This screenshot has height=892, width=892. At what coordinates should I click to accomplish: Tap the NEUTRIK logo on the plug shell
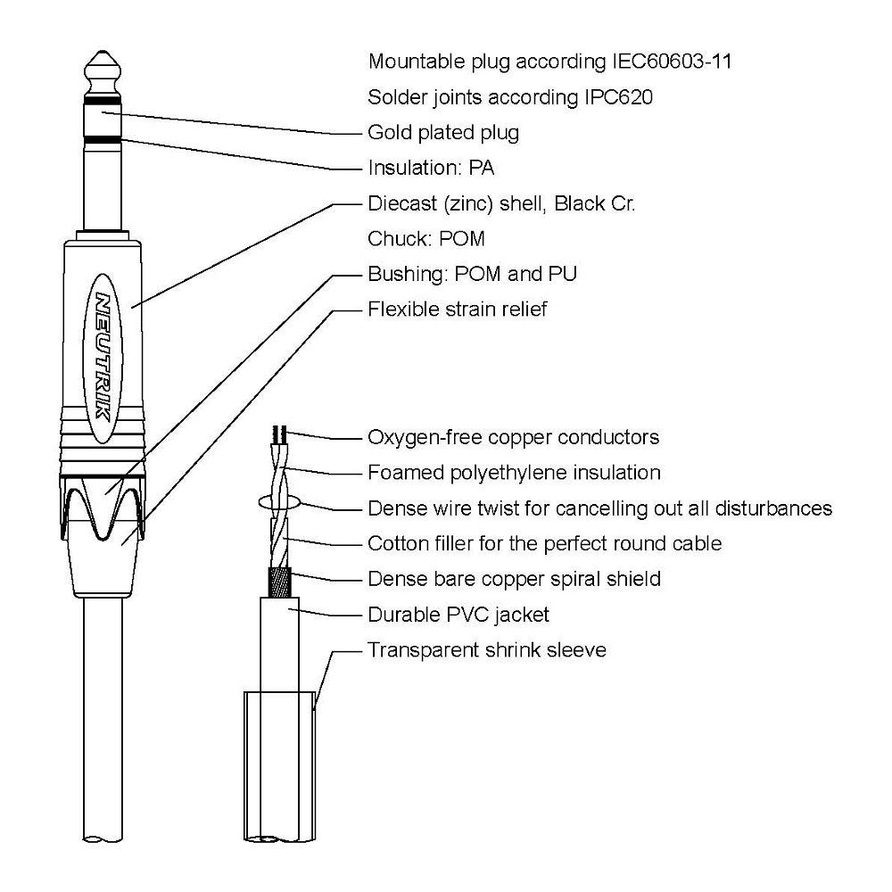pos(103,358)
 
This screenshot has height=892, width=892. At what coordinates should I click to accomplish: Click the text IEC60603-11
pos(672,62)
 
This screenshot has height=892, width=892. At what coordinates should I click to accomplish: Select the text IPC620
pos(618,97)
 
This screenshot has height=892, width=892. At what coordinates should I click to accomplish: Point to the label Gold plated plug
pos(443,133)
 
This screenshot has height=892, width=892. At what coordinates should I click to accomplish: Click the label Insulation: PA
pos(431,168)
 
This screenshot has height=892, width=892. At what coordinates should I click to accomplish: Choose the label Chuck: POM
pos(426,239)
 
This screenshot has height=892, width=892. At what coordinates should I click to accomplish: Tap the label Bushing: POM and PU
pos(472,274)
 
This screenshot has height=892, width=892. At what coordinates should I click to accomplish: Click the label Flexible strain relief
pos(458,310)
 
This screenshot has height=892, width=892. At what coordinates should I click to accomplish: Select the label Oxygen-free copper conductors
pos(514,437)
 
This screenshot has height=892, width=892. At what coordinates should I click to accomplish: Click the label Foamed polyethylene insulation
pos(515,473)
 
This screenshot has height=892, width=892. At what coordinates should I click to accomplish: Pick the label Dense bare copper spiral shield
pos(515,579)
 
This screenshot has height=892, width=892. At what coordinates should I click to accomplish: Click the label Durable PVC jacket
pos(458,615)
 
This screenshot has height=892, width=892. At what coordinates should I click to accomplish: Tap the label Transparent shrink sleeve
pos(487,650)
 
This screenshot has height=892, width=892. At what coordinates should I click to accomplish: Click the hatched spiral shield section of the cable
pos(279,582)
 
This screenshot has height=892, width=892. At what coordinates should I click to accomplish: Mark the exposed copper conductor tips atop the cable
pos(280,434)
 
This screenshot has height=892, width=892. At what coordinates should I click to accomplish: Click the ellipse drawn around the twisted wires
pos(278,501)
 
